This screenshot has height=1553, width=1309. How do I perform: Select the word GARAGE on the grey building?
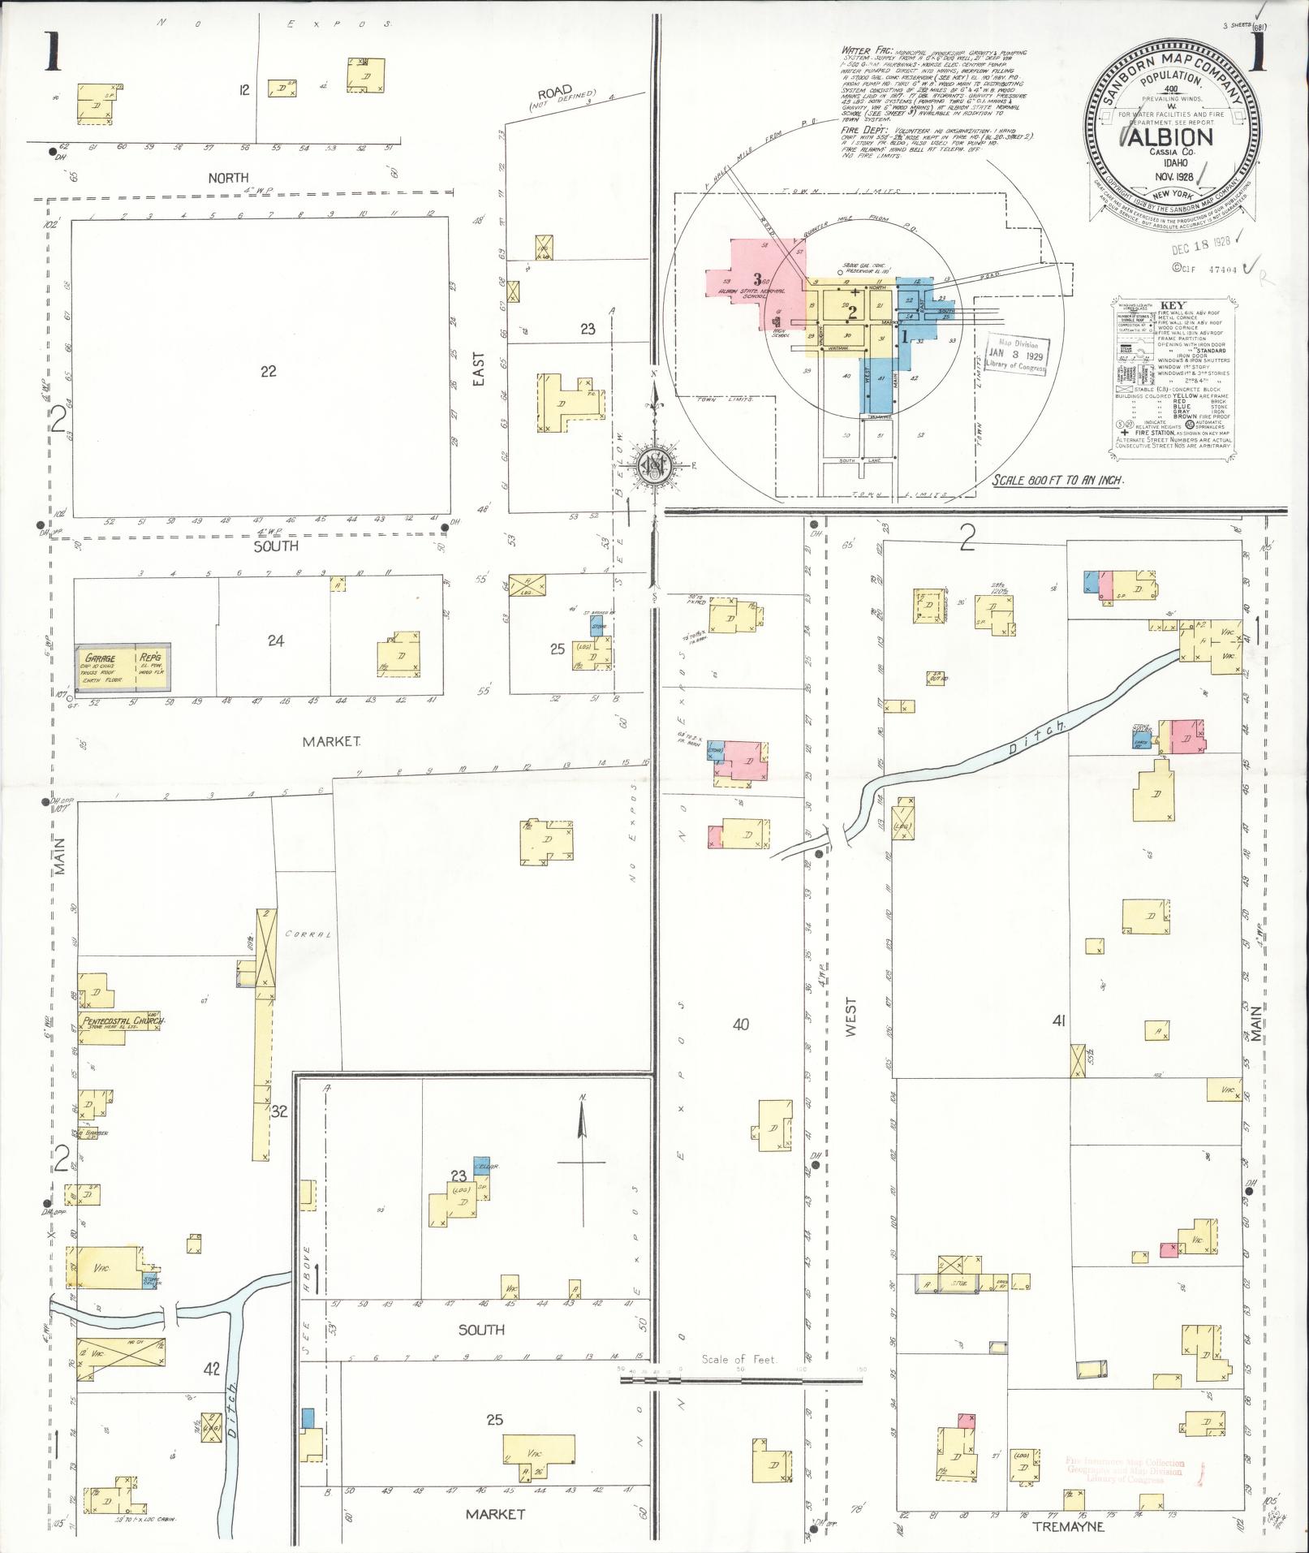coord(101,658)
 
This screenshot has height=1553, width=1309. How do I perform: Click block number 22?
coord(269,371)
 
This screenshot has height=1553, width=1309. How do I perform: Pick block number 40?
coord(740,1025)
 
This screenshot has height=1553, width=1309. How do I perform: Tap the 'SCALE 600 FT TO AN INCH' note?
coord(1057,480)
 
